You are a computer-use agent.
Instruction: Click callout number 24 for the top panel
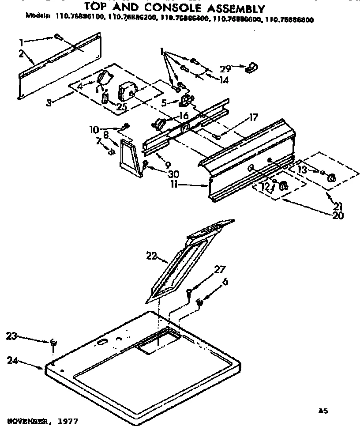click(x=13, y=360)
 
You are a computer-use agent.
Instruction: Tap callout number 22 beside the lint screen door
click(x=151, y=255)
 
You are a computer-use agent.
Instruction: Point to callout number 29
click(x=225, y=68)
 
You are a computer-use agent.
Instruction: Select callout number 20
click(x=338, y=216)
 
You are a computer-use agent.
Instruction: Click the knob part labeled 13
click(x=331, y=178)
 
